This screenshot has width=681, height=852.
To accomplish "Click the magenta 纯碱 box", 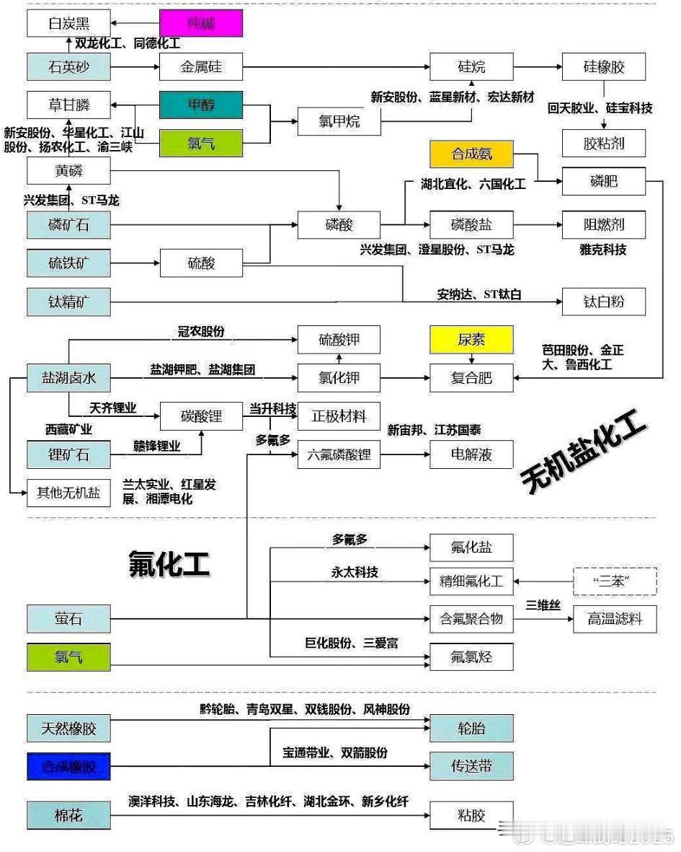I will (200, 23).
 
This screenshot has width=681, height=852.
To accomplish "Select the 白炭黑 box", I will (68, 23).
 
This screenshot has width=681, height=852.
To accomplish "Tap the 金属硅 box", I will (200, 67).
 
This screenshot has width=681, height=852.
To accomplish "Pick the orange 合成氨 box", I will (471, 154).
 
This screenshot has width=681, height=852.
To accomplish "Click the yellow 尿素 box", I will (471, 339).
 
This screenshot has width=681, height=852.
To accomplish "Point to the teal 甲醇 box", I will (200, 105).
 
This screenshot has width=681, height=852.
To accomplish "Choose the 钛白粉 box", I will (603, 302).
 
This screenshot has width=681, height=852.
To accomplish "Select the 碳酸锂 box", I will (200, 416).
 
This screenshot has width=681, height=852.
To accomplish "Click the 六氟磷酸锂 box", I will (339, 454).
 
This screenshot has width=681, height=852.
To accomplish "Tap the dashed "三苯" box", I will (615, 581).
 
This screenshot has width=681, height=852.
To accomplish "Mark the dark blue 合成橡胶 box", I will (68, 766).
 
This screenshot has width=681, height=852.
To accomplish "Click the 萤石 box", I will (68, 619).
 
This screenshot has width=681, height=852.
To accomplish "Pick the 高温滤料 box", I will (615, 619).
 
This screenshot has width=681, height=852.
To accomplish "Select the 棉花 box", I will (68, 815).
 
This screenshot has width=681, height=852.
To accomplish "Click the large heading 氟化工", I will (169, 563).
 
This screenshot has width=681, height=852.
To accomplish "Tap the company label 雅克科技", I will (602, 250).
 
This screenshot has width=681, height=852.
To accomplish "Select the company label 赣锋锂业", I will (156, 446).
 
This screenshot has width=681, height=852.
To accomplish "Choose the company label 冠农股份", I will (201, 331).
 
